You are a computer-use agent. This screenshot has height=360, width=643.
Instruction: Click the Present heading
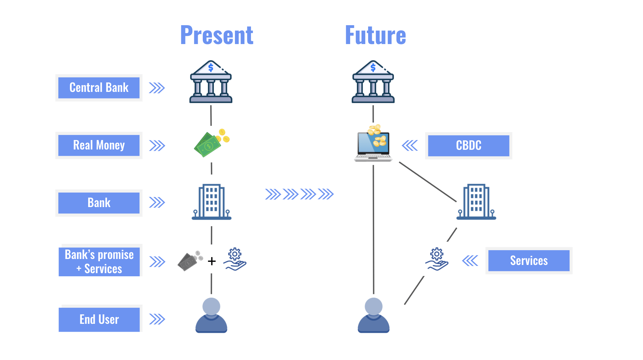pos(217,35)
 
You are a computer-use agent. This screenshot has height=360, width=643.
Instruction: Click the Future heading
pos(375,35)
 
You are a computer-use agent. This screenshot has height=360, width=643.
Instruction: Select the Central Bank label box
pos(99,88)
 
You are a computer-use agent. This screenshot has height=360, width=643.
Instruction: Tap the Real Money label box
pos(99,145)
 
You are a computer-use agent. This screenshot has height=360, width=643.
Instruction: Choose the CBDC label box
pos(469,146)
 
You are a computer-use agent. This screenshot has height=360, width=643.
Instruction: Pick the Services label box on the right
pos(529,261)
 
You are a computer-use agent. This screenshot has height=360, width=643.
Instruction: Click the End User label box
pos(99,319)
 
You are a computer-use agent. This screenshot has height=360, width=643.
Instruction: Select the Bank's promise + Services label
pos(99,262)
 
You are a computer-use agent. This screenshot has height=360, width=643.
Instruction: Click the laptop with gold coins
pos(373,143)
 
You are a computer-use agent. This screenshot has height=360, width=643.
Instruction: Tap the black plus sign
pos(212,261)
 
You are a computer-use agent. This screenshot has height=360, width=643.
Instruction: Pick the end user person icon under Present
pos(211,315)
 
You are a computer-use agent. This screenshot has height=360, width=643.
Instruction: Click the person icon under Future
pos(373,315)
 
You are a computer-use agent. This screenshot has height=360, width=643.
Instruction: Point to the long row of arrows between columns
pos(299,194)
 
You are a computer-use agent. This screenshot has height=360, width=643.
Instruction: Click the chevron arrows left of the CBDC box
pos(410,145)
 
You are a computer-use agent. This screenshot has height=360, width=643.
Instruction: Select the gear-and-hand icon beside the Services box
pos(437,259)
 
